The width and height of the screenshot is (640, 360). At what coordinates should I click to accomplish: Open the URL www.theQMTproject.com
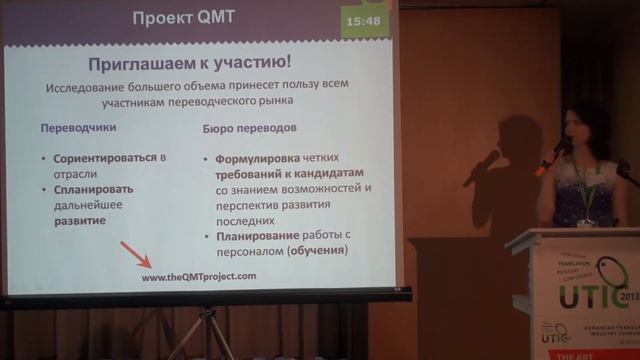pos(199,277)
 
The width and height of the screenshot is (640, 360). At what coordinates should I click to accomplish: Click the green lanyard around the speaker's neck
pos(582,185)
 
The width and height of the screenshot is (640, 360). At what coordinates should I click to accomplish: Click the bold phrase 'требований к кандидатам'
pos(270,173)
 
